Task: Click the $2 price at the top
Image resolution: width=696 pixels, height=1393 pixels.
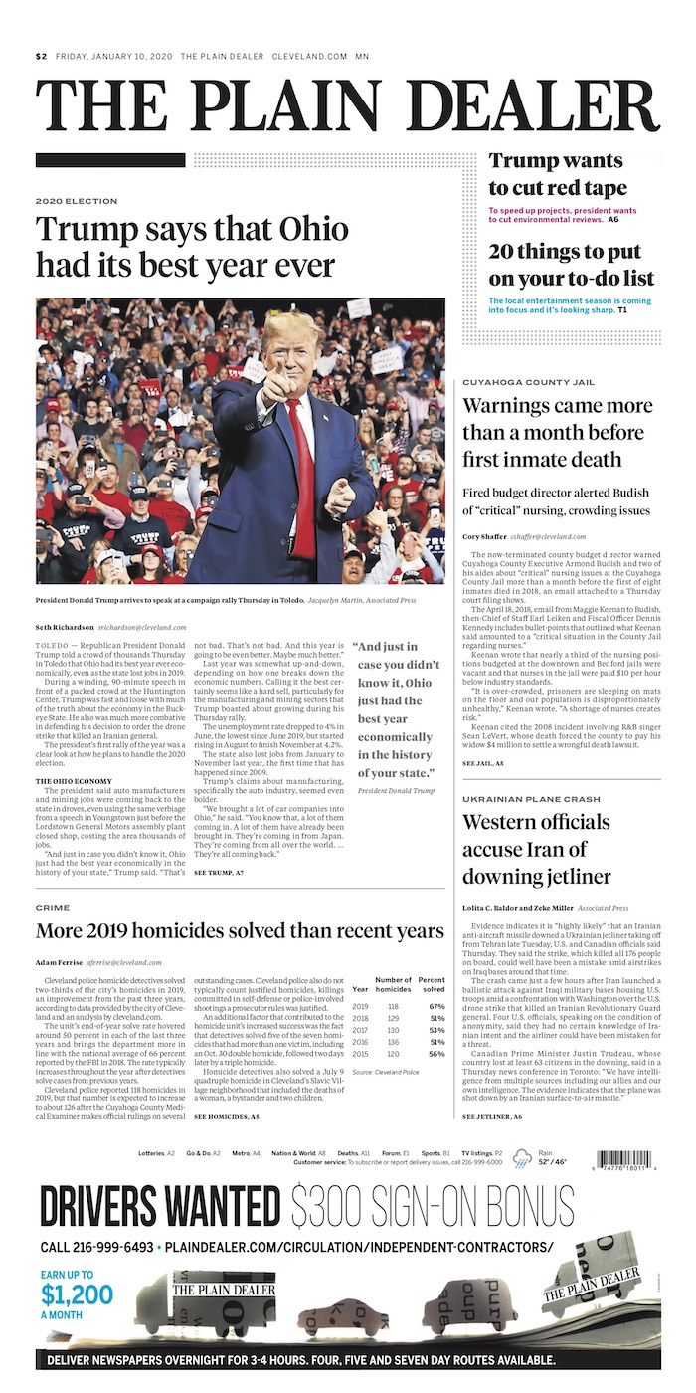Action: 41,57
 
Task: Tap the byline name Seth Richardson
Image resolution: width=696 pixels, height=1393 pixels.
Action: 65,627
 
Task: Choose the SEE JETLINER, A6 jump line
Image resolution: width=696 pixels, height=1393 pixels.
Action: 492,1117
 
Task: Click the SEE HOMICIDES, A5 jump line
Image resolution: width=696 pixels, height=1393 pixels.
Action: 227,1117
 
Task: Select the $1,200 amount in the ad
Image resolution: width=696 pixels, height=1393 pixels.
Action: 78,1293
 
